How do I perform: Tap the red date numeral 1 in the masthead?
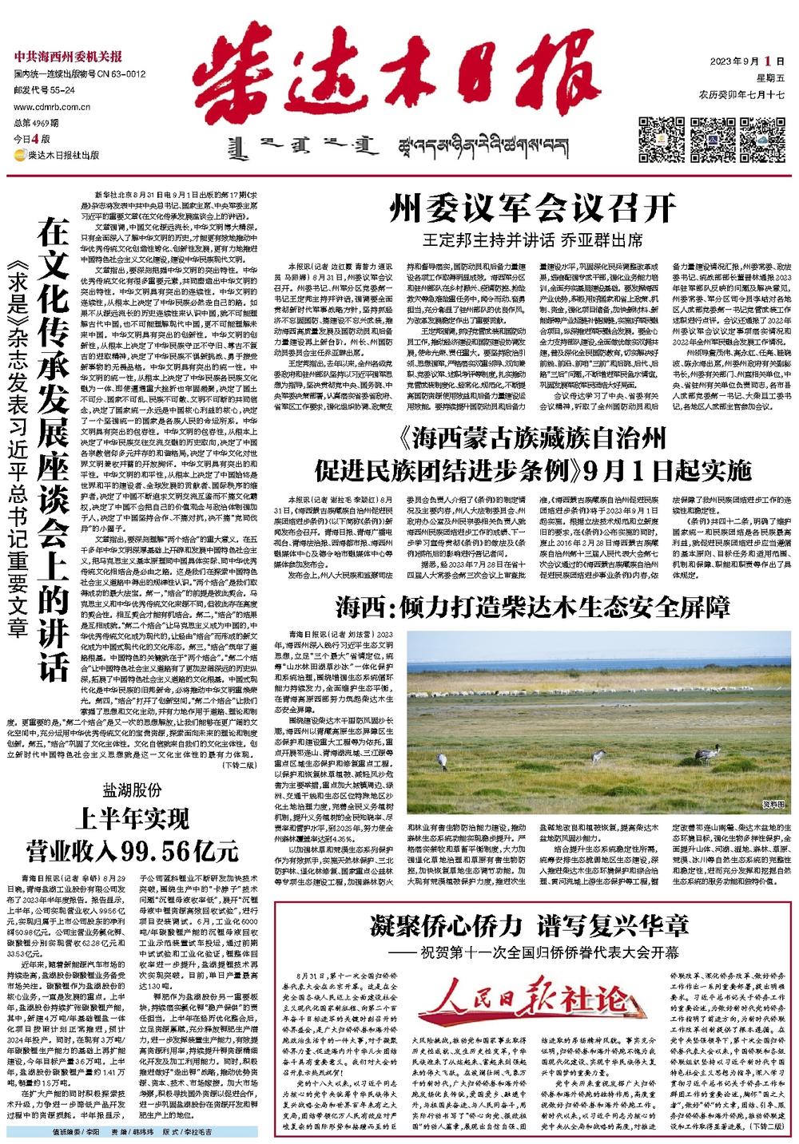click(768, 61)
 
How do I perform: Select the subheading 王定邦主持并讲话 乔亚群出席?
click(533, 239)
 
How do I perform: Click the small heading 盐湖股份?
click(132, 790)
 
